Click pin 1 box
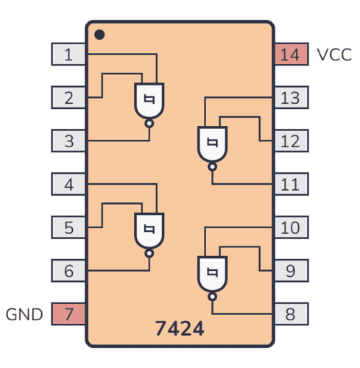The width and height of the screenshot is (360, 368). [x=68, y=54]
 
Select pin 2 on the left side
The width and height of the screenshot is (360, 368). [x=68, y=97]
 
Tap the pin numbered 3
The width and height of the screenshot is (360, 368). [x=68, y=140]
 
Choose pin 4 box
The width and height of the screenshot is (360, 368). [x=68, y=183]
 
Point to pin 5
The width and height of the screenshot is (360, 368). [x=68, y=227]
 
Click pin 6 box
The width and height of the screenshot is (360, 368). [x=68, y=270]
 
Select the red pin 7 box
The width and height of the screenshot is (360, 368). [x=68, y=314]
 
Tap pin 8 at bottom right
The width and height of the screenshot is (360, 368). [x=290, y=314]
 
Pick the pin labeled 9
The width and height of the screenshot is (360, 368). [x=290, y=270]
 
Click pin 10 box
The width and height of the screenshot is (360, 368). [x=290, y=227]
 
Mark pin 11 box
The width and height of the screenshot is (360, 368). [x=290, y=183]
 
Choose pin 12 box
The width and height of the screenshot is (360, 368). [x=290, y=140]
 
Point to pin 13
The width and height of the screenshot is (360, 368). [x=290, y=97]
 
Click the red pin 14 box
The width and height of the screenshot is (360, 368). [x=290, y=54]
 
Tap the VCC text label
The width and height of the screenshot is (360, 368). [x=334, y=54]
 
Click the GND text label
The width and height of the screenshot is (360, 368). [x=25, y=314]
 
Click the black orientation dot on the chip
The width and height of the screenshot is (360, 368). [x=99, y=35]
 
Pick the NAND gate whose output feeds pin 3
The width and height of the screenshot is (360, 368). [x=149, y=102]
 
